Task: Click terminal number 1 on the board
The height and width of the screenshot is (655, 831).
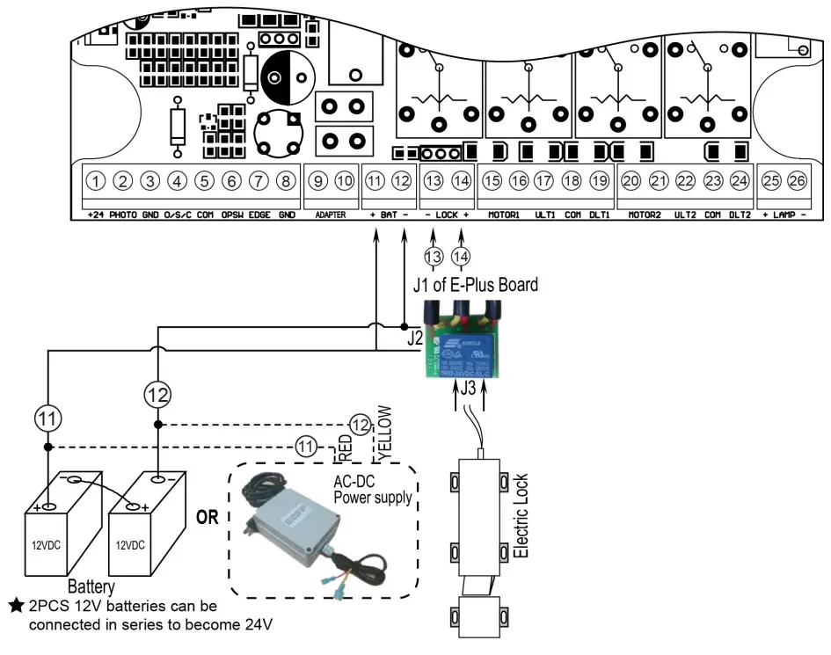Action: coord(97,181)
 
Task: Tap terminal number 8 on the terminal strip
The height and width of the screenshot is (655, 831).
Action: coord(286,181)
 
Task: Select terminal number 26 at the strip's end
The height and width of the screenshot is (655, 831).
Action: coord(798,181)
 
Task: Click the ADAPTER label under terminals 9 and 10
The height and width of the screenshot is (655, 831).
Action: coord(332,215)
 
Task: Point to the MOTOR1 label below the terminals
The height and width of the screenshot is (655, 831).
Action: coord(505,215)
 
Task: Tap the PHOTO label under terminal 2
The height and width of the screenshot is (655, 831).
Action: coord(124,215)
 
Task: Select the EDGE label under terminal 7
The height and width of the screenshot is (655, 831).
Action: coord(259,215)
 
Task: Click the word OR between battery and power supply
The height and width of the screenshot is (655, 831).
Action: coord(208,517)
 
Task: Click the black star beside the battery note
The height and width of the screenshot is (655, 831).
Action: coord(16,607)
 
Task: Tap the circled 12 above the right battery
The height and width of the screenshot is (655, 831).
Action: coord(157,395)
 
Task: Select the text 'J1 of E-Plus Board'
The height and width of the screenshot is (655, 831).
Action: coord(476,285)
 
